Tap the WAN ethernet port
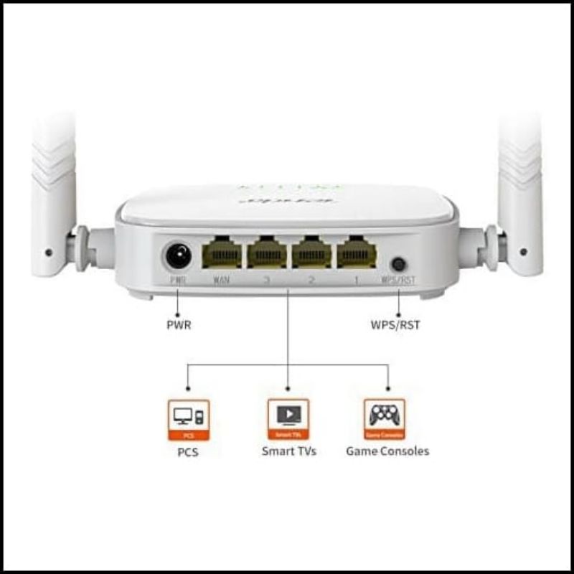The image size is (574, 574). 222,253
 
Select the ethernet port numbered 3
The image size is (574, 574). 267,253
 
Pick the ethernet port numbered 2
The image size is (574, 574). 311,253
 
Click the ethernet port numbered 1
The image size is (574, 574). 357,253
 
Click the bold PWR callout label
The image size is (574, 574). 179,324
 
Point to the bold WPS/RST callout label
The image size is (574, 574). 395,324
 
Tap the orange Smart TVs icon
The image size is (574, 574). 288,419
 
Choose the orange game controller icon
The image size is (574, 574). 385,419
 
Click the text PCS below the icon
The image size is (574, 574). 188,453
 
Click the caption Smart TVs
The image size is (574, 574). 288,451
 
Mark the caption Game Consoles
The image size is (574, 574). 387,451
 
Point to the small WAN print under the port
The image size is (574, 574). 221,280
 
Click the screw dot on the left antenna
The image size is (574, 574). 48,252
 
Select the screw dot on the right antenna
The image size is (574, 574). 523,252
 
